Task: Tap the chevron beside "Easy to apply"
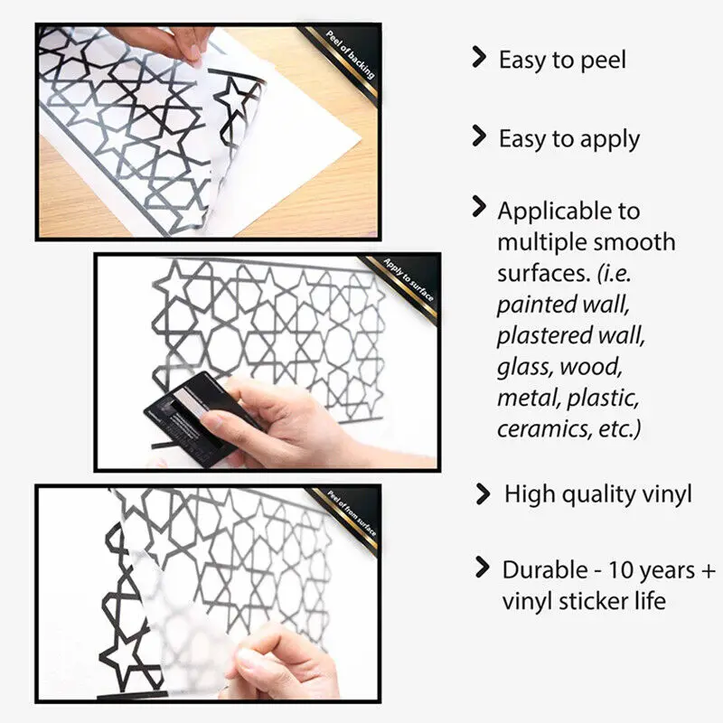[x=480, y=136]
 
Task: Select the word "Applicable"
[x=550, y=211]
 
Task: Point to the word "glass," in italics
[x=524, y=368]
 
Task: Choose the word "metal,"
[x=528, y=398]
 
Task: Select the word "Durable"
[x=545, y=570]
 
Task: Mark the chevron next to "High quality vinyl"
[x=483, y=493]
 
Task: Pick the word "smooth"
[x=634, y=242]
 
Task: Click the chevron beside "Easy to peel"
[x=480, y=58]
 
